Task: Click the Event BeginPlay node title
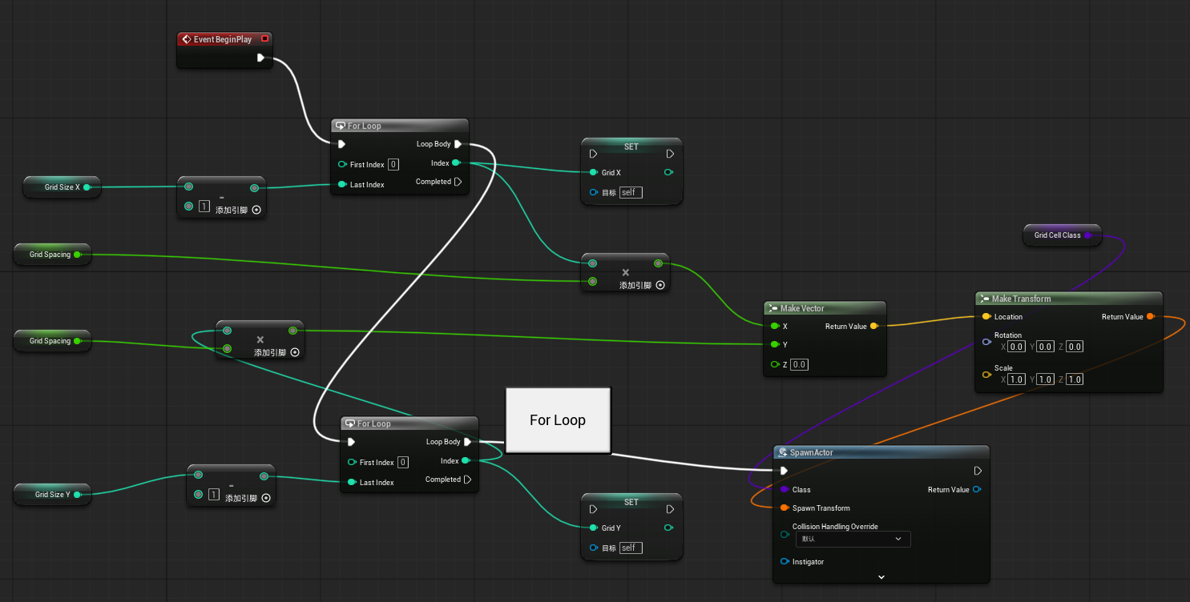pyautogui.click(x=223, y=39)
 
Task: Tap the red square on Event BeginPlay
pyautogui.click(x=264, y=38)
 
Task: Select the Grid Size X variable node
pyautogui.click(x=63, y=187)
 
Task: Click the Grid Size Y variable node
pyautogui.click(x=53, y=494)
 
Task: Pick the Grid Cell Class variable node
pyautogui.click(x=1063, y=235)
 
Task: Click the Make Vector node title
pyautogui.click(x=801, y=308)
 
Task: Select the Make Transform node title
pyautogui.click(x=1021, y=299)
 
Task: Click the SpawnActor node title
pyautogui.click(x=811, y=452)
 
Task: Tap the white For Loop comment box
pyautogui.click(x=558, y=420)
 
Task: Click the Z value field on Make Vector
pyautogui.click(x=799, y=364)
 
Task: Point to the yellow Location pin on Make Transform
pyautogui.click(x=986, y=316)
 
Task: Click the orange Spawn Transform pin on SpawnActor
pyautogui.click(x=785, y=508)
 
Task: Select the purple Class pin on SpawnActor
pyautogui.click(x=785, y=489)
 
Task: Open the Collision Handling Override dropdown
pyautogui.click(x=853, y=539)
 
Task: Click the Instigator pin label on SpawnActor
pyautogui.click(x=808, y=562)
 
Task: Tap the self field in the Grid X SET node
pyautogui.click(x=631, y=192)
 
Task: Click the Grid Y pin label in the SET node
pyautogui.click(x=611, y=528)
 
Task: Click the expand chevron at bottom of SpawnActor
pyautogui.click(x=881, y=577)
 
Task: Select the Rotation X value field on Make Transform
pyautogui.click(x=1016, y=347)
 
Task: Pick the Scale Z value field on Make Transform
pyautogui.click(x=1074, y=379)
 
